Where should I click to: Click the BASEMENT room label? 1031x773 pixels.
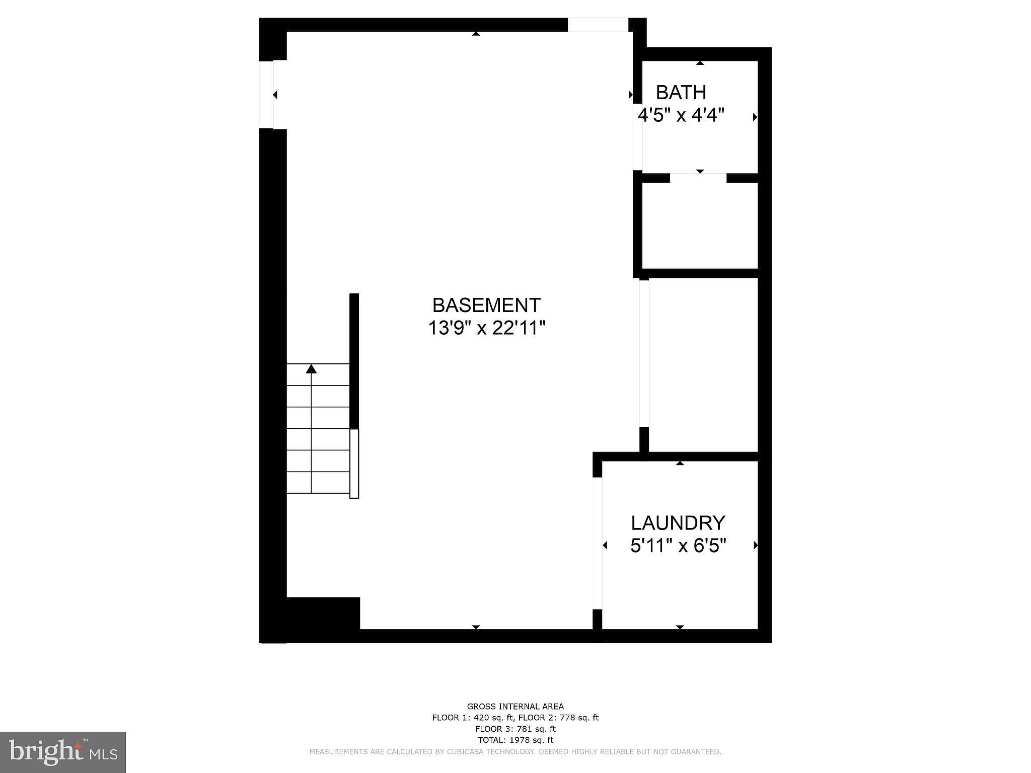[486, 305]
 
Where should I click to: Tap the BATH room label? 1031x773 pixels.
[681, 93]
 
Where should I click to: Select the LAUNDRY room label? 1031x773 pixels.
[678, 523]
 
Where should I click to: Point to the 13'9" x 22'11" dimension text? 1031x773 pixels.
[487, 328]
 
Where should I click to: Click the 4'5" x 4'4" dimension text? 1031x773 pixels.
[681, 115]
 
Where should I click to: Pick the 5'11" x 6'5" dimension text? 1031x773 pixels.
[678, 546]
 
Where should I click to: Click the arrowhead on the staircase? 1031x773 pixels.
[312, 369]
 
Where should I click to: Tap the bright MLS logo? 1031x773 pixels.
[63, 752]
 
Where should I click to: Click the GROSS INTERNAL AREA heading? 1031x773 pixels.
[515, 707]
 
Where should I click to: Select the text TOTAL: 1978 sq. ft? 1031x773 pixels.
[515, 740]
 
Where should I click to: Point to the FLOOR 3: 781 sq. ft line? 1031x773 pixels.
[515, 729]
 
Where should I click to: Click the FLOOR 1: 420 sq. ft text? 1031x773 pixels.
[473, 718]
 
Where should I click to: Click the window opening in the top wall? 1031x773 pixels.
[598, 25]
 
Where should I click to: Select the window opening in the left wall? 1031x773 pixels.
[266, 94]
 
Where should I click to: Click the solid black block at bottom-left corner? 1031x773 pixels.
[323, 613]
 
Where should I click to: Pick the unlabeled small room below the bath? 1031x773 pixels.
[700, 225]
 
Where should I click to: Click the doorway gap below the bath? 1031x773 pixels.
[698, 178]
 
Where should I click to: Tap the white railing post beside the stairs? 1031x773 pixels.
[354, 463]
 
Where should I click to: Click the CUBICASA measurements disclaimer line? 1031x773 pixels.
[515, 752]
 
